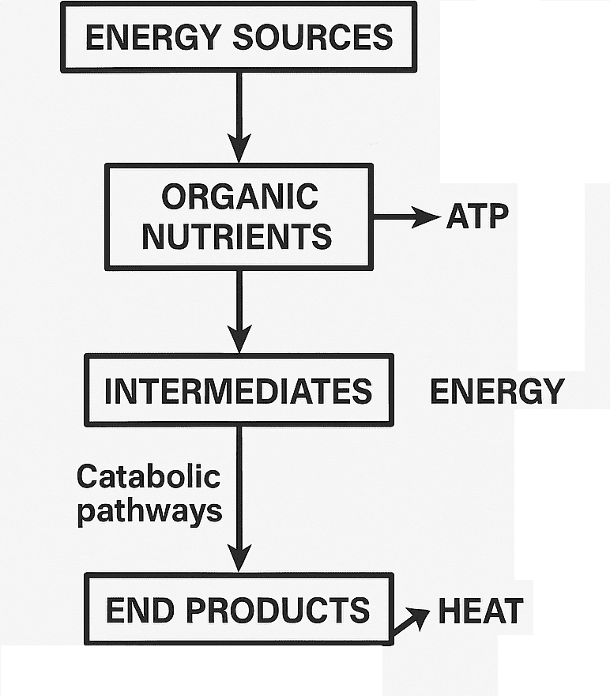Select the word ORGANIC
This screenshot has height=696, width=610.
[239, 197]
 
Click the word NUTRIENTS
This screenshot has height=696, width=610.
[237, 235]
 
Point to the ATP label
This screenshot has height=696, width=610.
[477, 216]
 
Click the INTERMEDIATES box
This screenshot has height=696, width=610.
[238, 391]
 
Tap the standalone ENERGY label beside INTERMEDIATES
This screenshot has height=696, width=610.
[497, 391]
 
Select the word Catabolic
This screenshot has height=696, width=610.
[148, 476]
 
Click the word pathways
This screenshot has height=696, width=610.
[149, 511]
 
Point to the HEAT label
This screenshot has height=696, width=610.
[480, 611]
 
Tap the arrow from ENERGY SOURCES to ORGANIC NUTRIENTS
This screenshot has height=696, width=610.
[239, 115]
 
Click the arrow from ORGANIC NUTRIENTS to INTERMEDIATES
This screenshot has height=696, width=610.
[239, 310]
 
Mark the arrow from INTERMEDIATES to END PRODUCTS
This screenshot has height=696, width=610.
[239, 498]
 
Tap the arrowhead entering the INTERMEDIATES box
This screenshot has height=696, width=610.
[239, 340]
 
